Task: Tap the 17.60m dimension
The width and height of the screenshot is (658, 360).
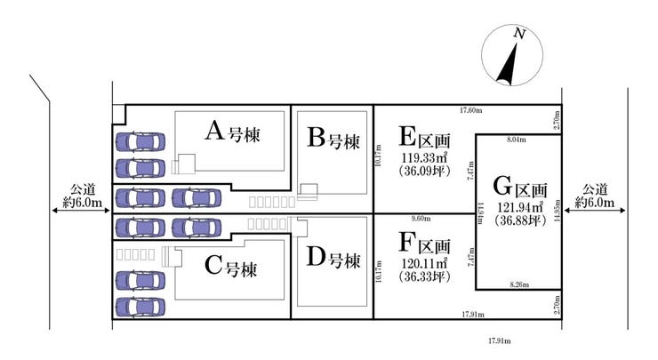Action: [470, 110]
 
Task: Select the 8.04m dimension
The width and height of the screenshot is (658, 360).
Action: [516, 140]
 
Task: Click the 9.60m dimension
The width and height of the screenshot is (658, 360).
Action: [421, 218]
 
